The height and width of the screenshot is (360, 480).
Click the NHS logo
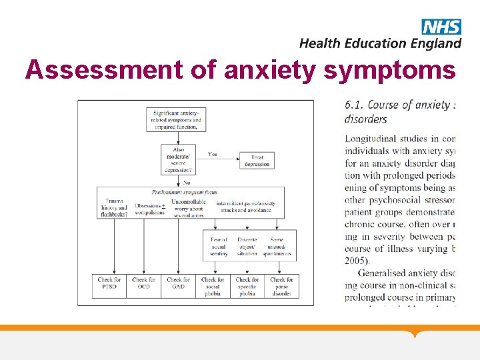[441, 27]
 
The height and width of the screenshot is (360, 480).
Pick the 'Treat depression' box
[257, 161]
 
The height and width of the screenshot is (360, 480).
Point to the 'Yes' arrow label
[213, 154]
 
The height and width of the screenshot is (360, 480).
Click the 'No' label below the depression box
[187, 182]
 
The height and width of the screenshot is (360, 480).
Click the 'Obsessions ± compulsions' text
[149, 209]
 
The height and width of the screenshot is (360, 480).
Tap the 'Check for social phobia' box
[213, 286]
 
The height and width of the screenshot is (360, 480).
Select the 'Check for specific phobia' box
[247, 286]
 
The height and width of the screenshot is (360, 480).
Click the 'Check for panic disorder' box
[281, 286]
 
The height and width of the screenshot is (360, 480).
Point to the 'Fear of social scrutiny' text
[219, 246]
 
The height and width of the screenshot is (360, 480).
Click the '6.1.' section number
[354, 105]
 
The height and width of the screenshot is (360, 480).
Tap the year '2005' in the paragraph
[358, 261]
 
